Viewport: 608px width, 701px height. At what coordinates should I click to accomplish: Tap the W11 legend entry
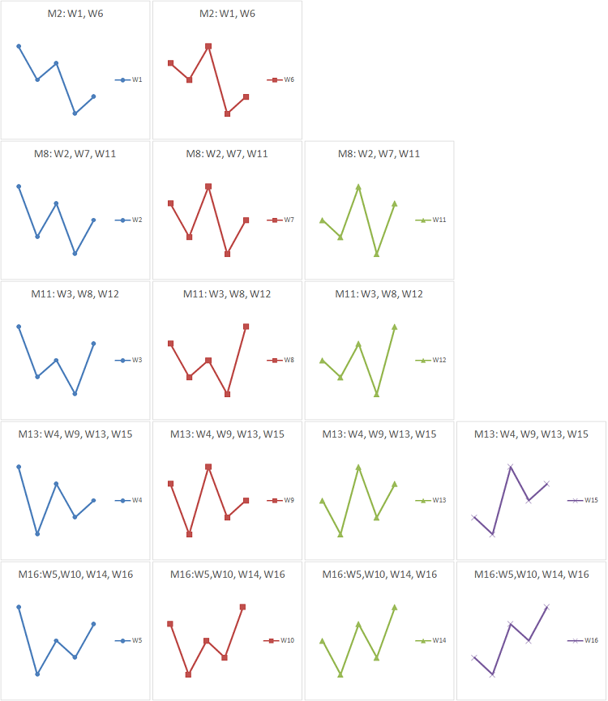pos(432,220)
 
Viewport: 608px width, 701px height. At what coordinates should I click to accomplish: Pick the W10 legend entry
pos(280,640)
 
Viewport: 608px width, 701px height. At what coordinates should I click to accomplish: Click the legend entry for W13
pos(432,500)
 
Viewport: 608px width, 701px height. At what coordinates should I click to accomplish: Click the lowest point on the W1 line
pos(75,113)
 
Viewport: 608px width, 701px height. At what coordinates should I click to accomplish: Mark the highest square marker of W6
pos(208,46)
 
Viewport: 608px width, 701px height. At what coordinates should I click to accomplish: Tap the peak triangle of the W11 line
pos(358,186)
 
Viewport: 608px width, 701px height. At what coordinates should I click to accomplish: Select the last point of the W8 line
pos(246,327)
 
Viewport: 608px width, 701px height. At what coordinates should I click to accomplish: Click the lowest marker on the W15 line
pos(492,534)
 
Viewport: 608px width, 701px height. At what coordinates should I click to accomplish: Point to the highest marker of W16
pos(546,606)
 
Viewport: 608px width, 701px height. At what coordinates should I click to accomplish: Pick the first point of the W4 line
pos(19,467)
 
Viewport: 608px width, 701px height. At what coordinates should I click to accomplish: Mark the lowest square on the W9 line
pos(189,534)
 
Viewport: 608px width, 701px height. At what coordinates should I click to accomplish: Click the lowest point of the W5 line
pos(37,674)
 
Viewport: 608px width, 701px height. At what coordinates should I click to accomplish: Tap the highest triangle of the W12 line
pos(395,327)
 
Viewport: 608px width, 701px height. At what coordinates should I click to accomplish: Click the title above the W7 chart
pos(227,154)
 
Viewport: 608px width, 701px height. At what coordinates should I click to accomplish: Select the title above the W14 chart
pos(379,575)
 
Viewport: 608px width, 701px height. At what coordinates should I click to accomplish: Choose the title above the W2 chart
pos(75,154)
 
